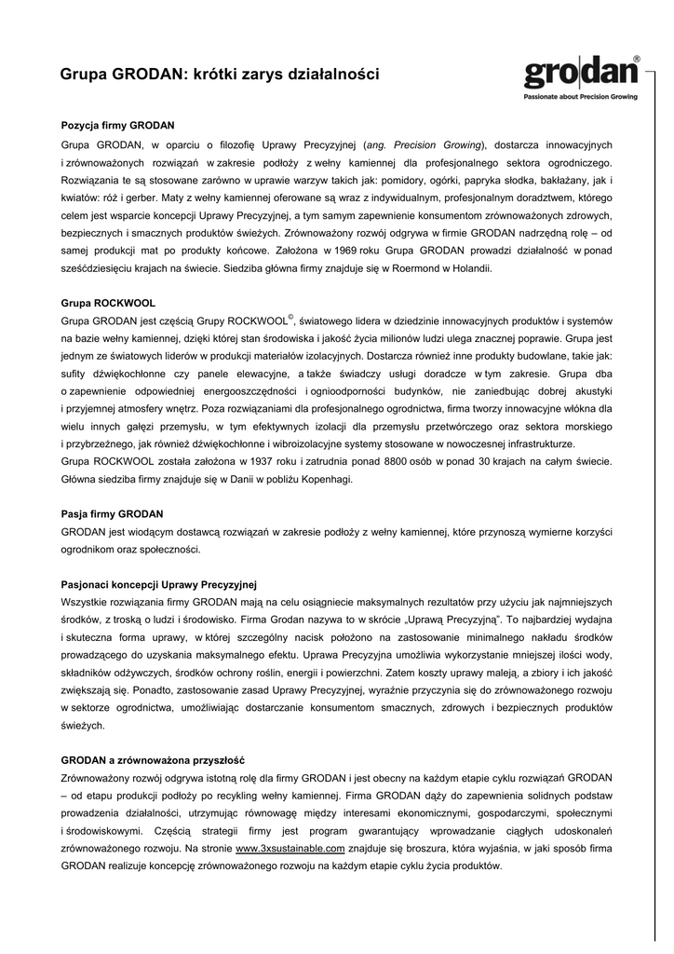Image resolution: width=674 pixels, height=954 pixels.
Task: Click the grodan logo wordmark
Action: [x=578, y=72]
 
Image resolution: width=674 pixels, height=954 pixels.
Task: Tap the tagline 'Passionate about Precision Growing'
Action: [x=583, y=97]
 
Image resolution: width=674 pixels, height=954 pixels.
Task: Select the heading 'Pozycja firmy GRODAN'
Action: [x=117, y=124]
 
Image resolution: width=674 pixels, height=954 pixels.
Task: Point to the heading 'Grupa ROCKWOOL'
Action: [x=108, y=303]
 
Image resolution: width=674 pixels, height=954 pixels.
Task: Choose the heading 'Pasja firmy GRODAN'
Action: [x=112, y=512]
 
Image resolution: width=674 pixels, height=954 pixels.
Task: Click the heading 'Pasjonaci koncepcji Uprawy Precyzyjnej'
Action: [x=158, y=584]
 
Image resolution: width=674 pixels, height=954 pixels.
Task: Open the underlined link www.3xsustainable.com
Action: [x=290, y=849]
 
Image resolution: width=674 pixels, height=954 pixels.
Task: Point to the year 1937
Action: [x=258, y=461]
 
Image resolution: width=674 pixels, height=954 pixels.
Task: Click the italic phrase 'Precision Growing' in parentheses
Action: [x=438, y=144]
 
